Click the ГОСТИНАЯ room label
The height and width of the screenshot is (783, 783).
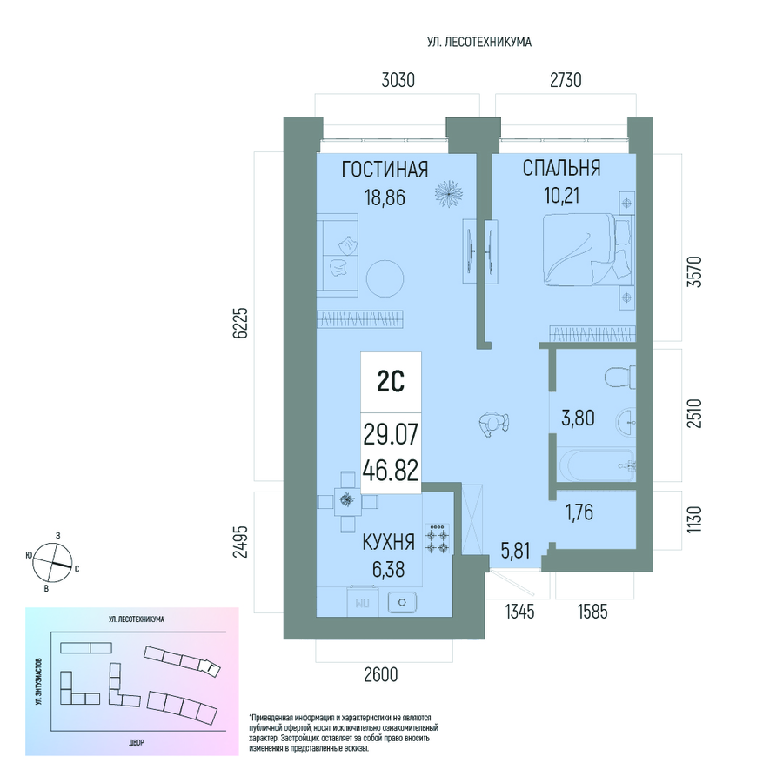385,170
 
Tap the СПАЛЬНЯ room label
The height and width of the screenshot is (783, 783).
561,168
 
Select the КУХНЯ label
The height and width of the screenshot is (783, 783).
389,542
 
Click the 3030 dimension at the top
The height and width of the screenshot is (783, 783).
398,80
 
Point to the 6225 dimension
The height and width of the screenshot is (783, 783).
240,324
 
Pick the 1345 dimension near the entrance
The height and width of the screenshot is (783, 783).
520,612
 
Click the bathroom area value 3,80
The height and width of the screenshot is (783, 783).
578,418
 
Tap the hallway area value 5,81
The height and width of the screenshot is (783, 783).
515,551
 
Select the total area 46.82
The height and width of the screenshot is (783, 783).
391,471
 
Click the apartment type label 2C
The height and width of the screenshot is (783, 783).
391,383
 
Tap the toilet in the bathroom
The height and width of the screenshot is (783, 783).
620,377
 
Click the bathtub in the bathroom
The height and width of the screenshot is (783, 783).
596,465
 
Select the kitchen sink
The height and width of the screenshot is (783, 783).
402,603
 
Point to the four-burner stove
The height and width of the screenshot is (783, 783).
438,539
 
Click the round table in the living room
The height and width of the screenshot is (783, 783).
385,278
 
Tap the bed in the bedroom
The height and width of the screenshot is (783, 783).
586,250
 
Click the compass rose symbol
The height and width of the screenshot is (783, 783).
52,562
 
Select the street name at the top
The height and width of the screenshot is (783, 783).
479,43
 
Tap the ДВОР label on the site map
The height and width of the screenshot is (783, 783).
137,743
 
